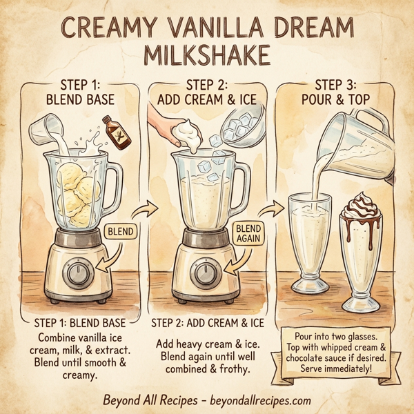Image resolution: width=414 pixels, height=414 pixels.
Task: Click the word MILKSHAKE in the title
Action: pos(206,55)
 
